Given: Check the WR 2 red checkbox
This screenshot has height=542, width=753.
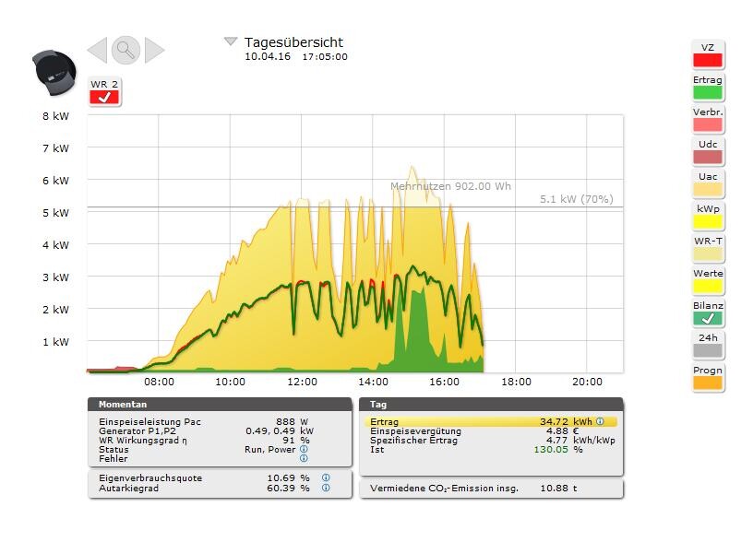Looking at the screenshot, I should click(104, 97).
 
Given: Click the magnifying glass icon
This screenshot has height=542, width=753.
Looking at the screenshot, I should click(125, 50).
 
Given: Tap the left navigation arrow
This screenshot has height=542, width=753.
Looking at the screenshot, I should click(97, 50).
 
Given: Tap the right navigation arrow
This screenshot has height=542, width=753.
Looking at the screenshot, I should click(154, 50).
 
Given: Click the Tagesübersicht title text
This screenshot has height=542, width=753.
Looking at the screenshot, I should click(293, 42).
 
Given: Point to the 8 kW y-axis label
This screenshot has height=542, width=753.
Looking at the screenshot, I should click(55, 117).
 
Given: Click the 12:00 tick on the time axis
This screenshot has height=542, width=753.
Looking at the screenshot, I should click(302, 382).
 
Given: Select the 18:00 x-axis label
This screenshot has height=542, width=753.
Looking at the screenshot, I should click(516, 382).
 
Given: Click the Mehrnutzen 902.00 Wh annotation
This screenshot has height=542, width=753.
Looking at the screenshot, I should click(450, 186).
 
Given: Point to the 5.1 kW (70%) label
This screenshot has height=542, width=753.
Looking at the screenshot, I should click(576, 199).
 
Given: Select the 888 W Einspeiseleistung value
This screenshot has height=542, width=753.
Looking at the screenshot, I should click(285, 422).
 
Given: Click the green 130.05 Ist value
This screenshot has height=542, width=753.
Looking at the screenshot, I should click(550, 450).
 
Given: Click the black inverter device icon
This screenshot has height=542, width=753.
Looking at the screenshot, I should click(54, 72).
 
